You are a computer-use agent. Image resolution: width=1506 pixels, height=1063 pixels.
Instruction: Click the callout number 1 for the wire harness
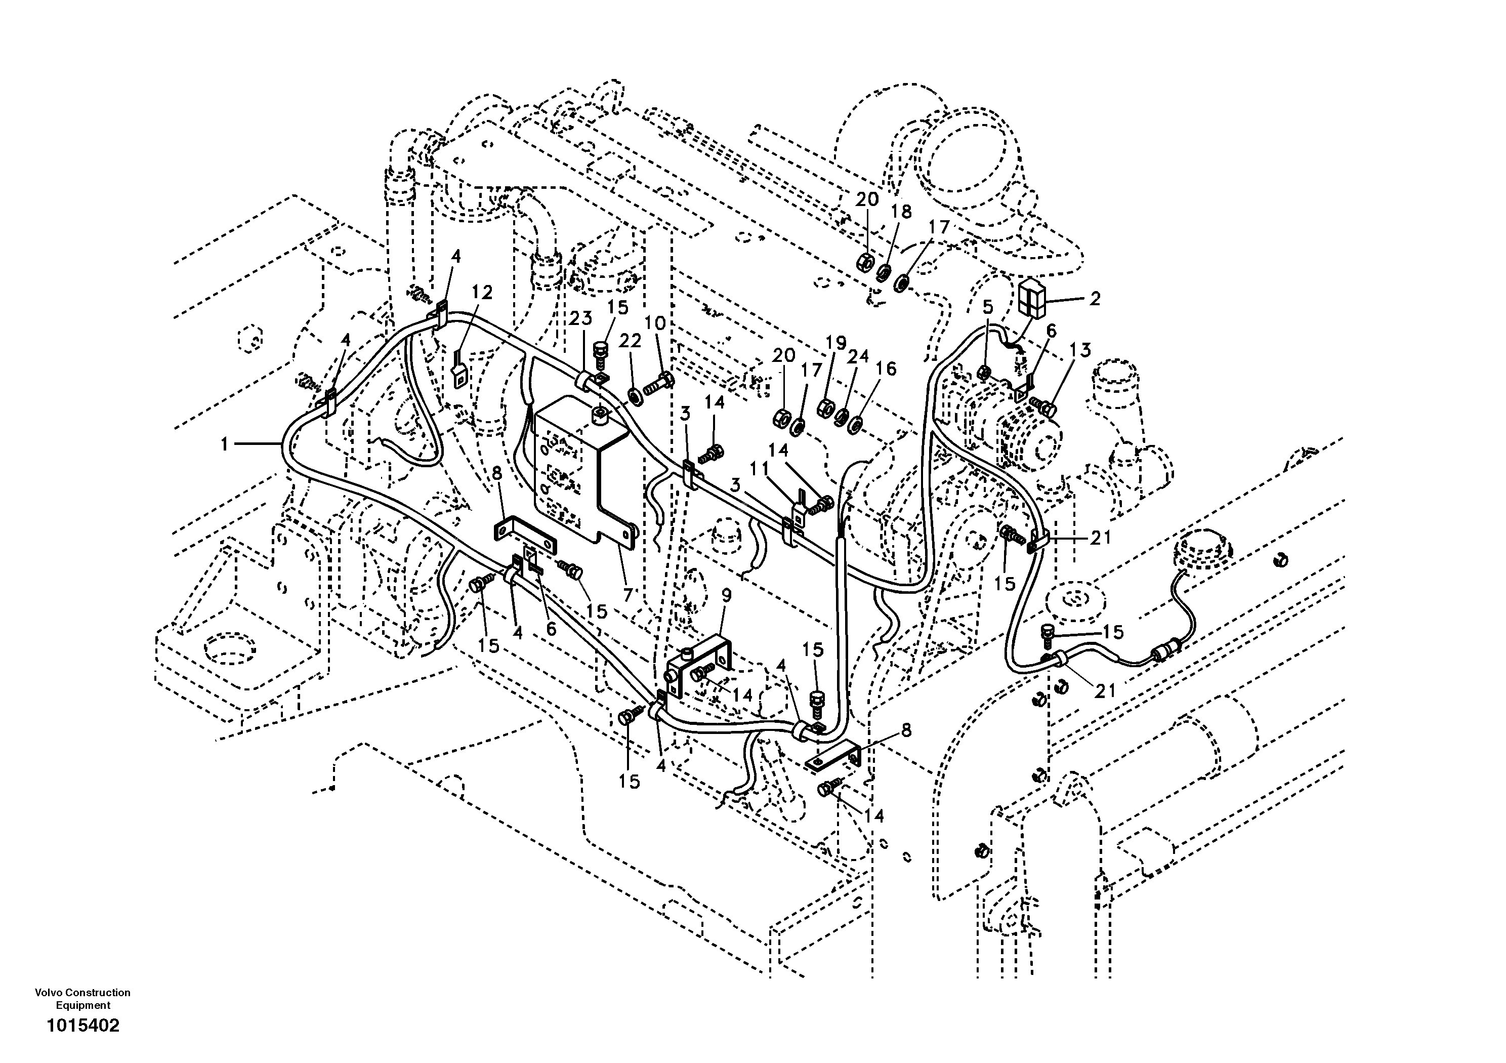[224, 445]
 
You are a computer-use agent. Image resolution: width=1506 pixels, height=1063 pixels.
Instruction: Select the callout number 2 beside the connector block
[1094, 299]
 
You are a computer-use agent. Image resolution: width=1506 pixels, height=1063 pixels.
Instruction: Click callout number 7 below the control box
[628, 595]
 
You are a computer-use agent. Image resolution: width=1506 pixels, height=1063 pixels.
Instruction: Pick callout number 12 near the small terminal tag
[482, 292]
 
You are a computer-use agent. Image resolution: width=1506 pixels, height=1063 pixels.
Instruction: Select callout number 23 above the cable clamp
[580, 318]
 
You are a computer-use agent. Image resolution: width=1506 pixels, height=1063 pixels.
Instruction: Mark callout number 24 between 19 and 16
[858, 356]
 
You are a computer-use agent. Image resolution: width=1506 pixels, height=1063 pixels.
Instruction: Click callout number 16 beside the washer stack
[886, 369]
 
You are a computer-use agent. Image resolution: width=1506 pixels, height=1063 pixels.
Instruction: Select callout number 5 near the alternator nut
[987, 306]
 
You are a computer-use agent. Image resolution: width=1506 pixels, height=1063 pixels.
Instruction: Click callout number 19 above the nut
[835, 343]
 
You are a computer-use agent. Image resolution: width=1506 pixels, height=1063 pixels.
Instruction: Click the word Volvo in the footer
[47, 993]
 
